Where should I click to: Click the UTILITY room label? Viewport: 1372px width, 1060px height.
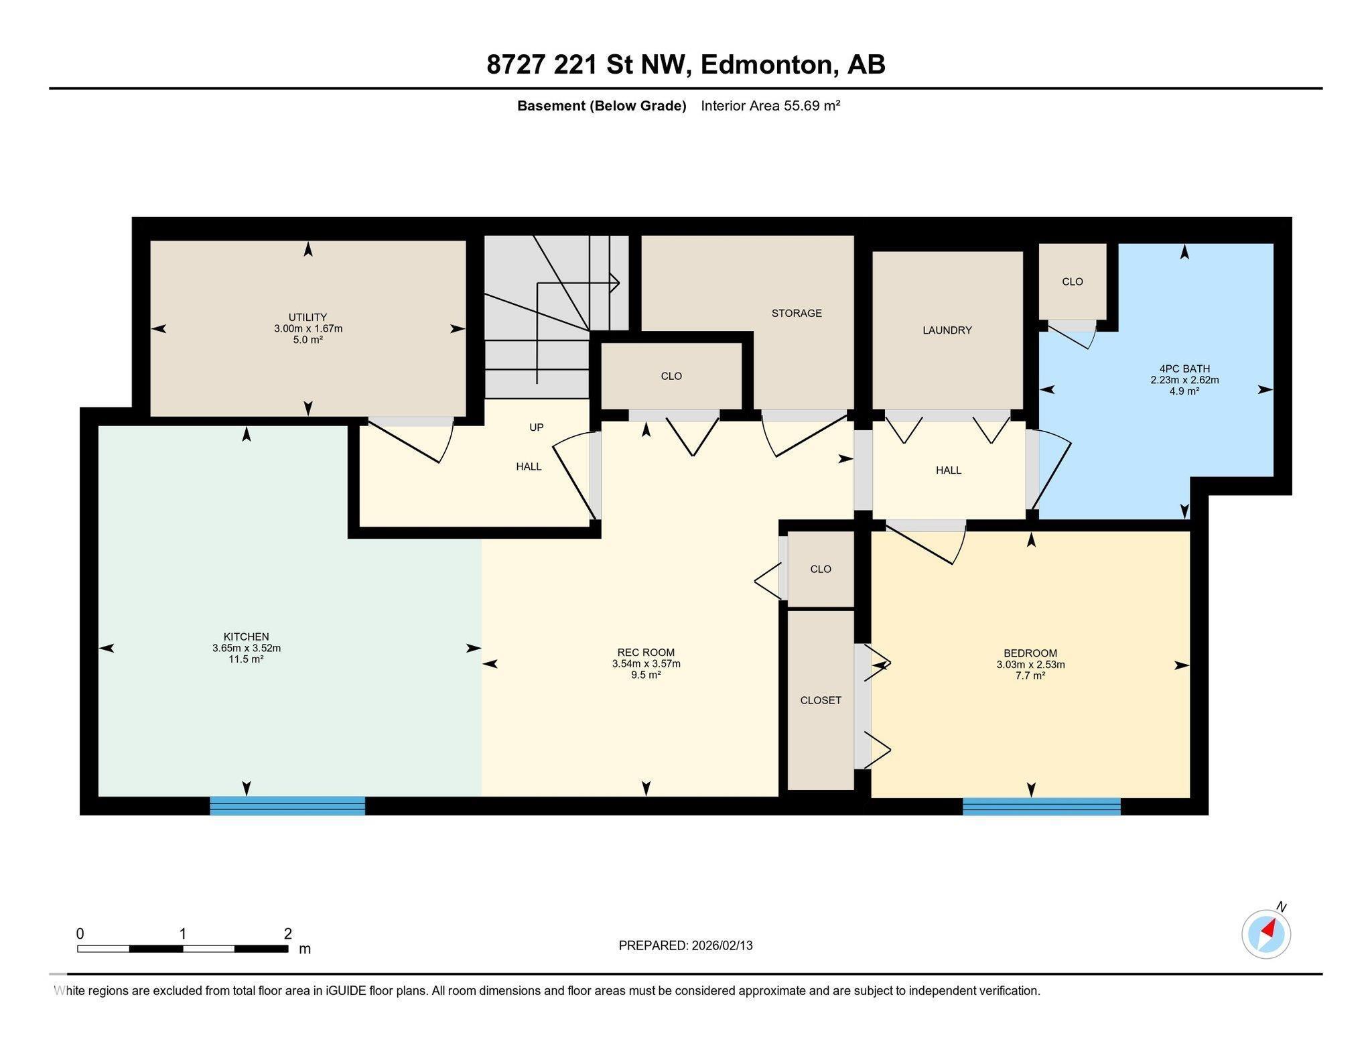coord(307,317)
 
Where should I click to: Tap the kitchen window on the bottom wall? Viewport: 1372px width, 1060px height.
coord(287,805)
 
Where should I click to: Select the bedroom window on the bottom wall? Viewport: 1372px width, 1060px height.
coord(1041,806)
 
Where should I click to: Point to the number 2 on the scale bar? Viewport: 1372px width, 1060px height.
coord(288,933)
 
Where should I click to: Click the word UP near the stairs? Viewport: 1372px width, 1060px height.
coord(536,427)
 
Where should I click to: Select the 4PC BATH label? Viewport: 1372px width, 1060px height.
coord(1184,369)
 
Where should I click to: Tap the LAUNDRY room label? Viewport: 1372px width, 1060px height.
coord(947,330)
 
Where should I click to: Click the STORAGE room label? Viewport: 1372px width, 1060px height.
coord(796,313)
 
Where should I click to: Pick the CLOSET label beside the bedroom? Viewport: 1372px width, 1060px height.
coord(821,700)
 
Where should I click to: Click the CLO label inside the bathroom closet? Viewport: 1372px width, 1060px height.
coord(1072,281)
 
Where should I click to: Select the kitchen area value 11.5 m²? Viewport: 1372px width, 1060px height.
coord(246,659)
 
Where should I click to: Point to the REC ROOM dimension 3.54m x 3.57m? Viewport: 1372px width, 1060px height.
coord(646,664)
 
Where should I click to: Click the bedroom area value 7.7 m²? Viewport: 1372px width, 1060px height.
coord(1030,676)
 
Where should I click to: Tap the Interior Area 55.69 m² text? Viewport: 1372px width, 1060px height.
coord(770,106)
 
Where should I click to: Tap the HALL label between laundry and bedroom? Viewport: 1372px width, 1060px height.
coord(948,470)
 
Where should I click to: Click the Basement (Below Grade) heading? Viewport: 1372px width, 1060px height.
coord(602,106)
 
